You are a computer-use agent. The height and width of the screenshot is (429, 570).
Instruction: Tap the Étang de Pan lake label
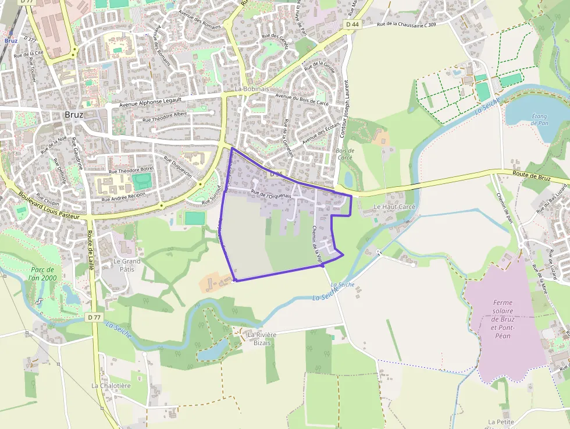[x=540, y=120]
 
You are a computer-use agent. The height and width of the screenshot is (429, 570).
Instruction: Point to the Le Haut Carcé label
[x=394, y=207]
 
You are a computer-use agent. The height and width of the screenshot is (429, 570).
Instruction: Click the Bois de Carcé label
[x=345, y=154]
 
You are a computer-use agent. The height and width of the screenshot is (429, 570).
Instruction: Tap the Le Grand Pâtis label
[x=127, y=266]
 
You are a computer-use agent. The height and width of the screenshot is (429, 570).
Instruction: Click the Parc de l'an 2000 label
[x=44, y=274]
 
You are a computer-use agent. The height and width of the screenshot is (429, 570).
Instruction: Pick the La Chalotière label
[x=111, y=385]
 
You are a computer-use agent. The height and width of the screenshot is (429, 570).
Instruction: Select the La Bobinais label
[x=252, y=89]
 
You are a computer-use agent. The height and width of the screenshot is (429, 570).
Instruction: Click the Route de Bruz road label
[x=531, y=175]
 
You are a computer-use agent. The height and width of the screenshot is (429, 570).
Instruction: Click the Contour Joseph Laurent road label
[x=344, y=108]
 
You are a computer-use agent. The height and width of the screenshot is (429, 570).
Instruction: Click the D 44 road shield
[x=352, y=24]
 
